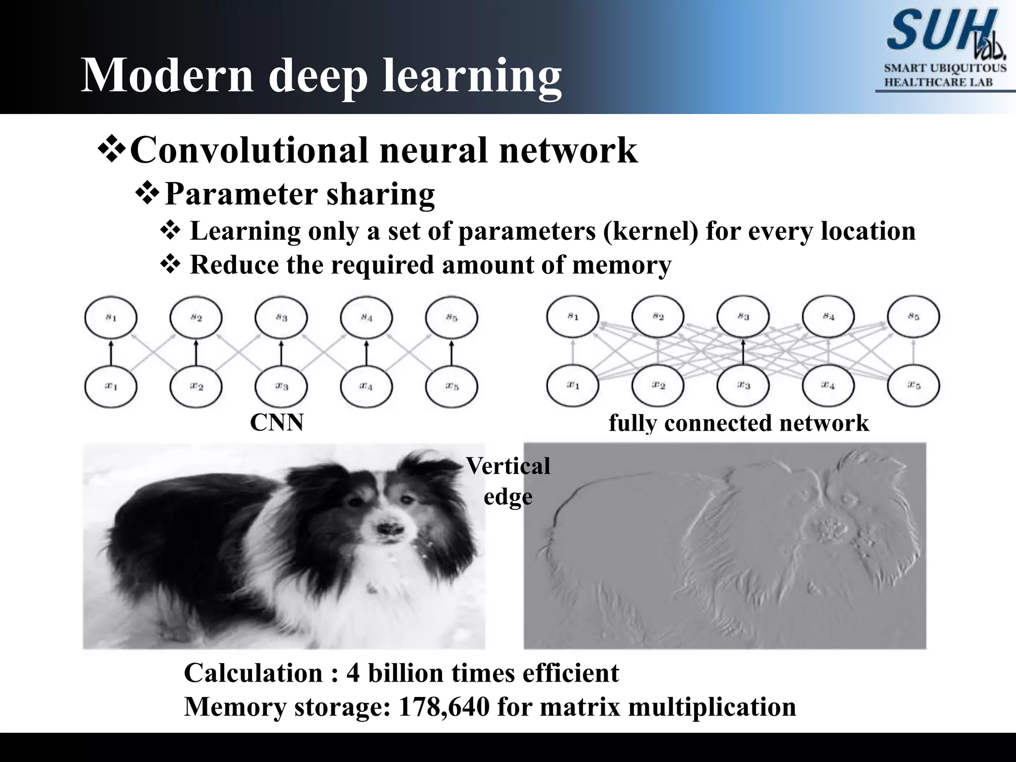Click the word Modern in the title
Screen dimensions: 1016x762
[x=166, y=75]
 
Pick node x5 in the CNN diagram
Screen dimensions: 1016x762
[x=451, y=386]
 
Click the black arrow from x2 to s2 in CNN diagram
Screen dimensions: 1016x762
[x=196, y=352]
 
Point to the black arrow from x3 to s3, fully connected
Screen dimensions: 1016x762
[x=743, y=352]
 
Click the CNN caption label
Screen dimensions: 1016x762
[x=276, y=423]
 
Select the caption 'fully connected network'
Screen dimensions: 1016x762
[x=739, y=424]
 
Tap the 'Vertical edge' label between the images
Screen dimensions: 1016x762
[x=508, y=481]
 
